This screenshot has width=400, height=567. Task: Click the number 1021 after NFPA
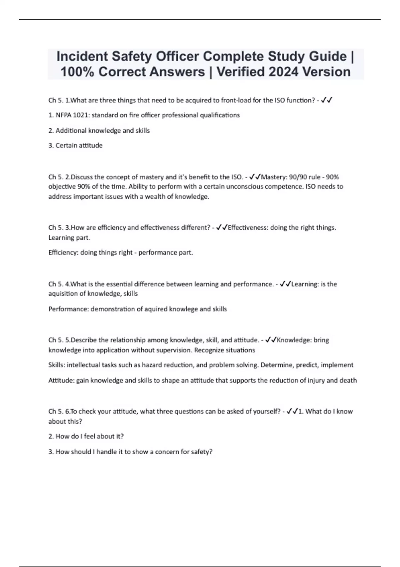pyautogui.click(x=80, y=115)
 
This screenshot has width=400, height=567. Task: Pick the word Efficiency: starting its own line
pyautogui.click(x=63, y=252)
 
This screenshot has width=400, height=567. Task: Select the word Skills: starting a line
pyautogui.click(x=57, y=365)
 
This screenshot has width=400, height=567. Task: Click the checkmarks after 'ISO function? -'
pyautogui.click(x=326, y=100)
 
